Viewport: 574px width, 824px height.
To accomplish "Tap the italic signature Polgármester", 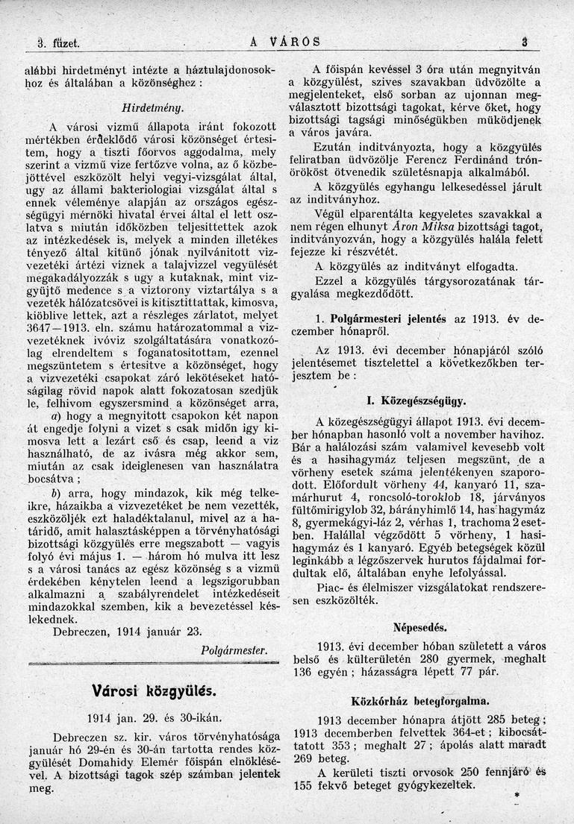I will tap(234, 650).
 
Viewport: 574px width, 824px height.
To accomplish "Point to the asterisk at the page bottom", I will tap(516, 797).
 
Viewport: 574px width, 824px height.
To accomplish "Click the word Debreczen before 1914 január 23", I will tap(82, 632).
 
